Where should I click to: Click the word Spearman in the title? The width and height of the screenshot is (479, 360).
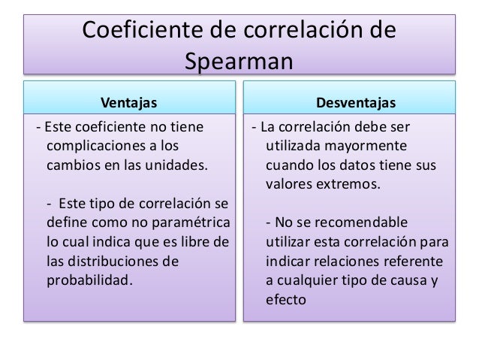point(239,59)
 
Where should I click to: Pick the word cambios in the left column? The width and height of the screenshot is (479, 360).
point(73,164)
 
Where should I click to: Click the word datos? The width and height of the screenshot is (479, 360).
point(363,164)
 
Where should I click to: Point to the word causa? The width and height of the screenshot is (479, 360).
point(411,282)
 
